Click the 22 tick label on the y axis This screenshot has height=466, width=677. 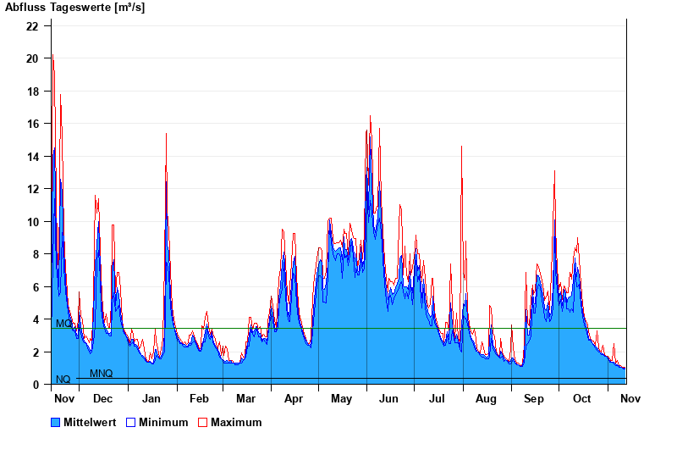[32, 25]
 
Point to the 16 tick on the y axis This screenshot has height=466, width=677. [32, 124]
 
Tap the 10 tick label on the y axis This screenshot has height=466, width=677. [32, 222]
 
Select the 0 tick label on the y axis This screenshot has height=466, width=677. [36, 385]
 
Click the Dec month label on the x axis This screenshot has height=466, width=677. [102, 398]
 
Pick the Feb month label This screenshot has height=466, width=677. [199, 398]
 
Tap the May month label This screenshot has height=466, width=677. [342, 398]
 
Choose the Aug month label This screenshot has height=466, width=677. [486, 398]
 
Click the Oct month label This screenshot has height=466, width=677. [581, 398]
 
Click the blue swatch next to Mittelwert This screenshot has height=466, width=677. [56, 422]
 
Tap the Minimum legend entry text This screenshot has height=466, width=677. [163, 422]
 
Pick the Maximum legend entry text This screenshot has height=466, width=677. [236, 422]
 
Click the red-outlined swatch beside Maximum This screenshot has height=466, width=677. [203, 422]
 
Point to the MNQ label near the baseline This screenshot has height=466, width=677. [101, 374]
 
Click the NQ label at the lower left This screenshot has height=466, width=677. [63, 380]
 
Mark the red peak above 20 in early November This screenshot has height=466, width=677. [52, 55]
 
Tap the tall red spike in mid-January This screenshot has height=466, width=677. [166, 134]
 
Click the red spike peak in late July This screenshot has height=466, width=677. [461, 147]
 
